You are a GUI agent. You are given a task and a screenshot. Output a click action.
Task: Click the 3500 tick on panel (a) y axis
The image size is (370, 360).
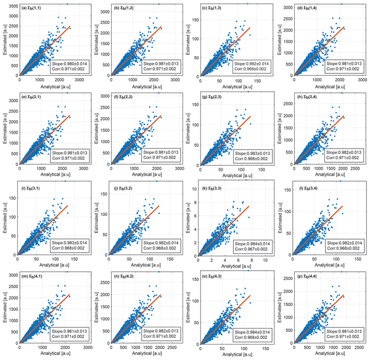pyautogui.click(x=12, y=6)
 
